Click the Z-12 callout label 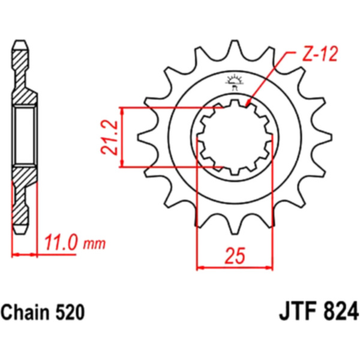(320, 54)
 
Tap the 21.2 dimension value (109, 137)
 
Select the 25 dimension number (235, 256)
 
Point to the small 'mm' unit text (94, 244)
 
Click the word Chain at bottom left (27, 313)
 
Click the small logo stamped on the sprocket (235, 82)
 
